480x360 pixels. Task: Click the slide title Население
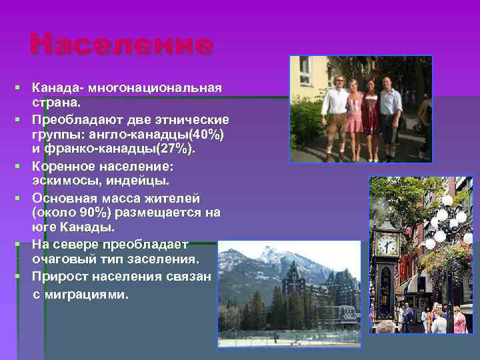(x=121, y=45)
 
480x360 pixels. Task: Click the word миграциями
(x=93, y=294)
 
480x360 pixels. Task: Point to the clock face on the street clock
(x=387, y=245)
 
